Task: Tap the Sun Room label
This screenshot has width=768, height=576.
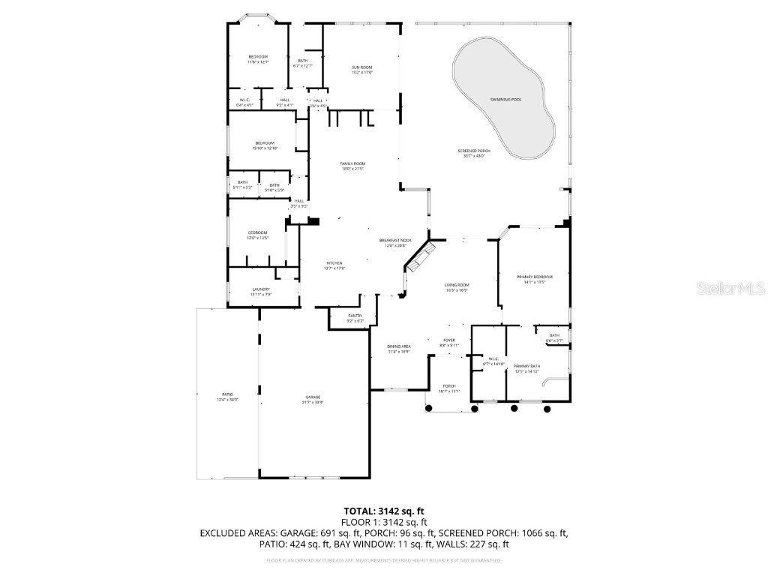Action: pos(362,68)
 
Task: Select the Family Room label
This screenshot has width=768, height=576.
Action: pos(352,164)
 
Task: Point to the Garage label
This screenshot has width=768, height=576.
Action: pos(313,397)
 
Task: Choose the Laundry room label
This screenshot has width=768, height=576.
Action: pos(261,289)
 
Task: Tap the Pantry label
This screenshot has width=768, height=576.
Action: pos(355,316)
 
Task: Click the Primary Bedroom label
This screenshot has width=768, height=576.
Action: pos(535,277)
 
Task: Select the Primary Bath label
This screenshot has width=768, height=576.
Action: pos(526,367)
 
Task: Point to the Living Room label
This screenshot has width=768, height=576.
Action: pos(457,286)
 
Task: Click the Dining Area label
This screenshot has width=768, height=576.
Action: pos(398,347)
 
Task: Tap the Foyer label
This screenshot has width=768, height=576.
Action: pos(449,340)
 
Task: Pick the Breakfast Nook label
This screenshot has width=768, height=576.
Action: pos(395,241)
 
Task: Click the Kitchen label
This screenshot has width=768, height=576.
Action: pos(334,263)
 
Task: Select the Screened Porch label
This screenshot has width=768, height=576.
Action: pos(472,151)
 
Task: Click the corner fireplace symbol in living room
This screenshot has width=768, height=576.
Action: pos(420,259)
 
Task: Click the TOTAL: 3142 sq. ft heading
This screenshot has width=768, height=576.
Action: pos(384,511)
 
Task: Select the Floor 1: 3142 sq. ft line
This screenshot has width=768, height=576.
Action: pos(384,522)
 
